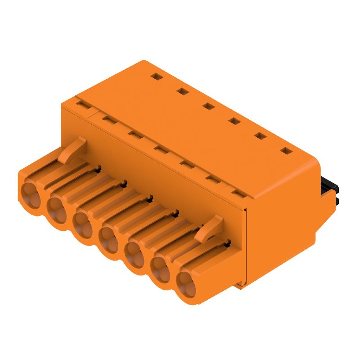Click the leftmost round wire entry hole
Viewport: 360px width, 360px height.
click(30, 191)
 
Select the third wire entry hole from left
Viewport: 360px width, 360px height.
click(82, 223)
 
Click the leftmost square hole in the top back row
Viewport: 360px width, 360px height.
click(156, 77)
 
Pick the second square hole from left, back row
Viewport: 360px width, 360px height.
click(182, 91)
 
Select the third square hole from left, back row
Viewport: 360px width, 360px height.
click(208, 106)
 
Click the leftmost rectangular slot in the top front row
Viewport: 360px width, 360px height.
click(82, 104)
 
